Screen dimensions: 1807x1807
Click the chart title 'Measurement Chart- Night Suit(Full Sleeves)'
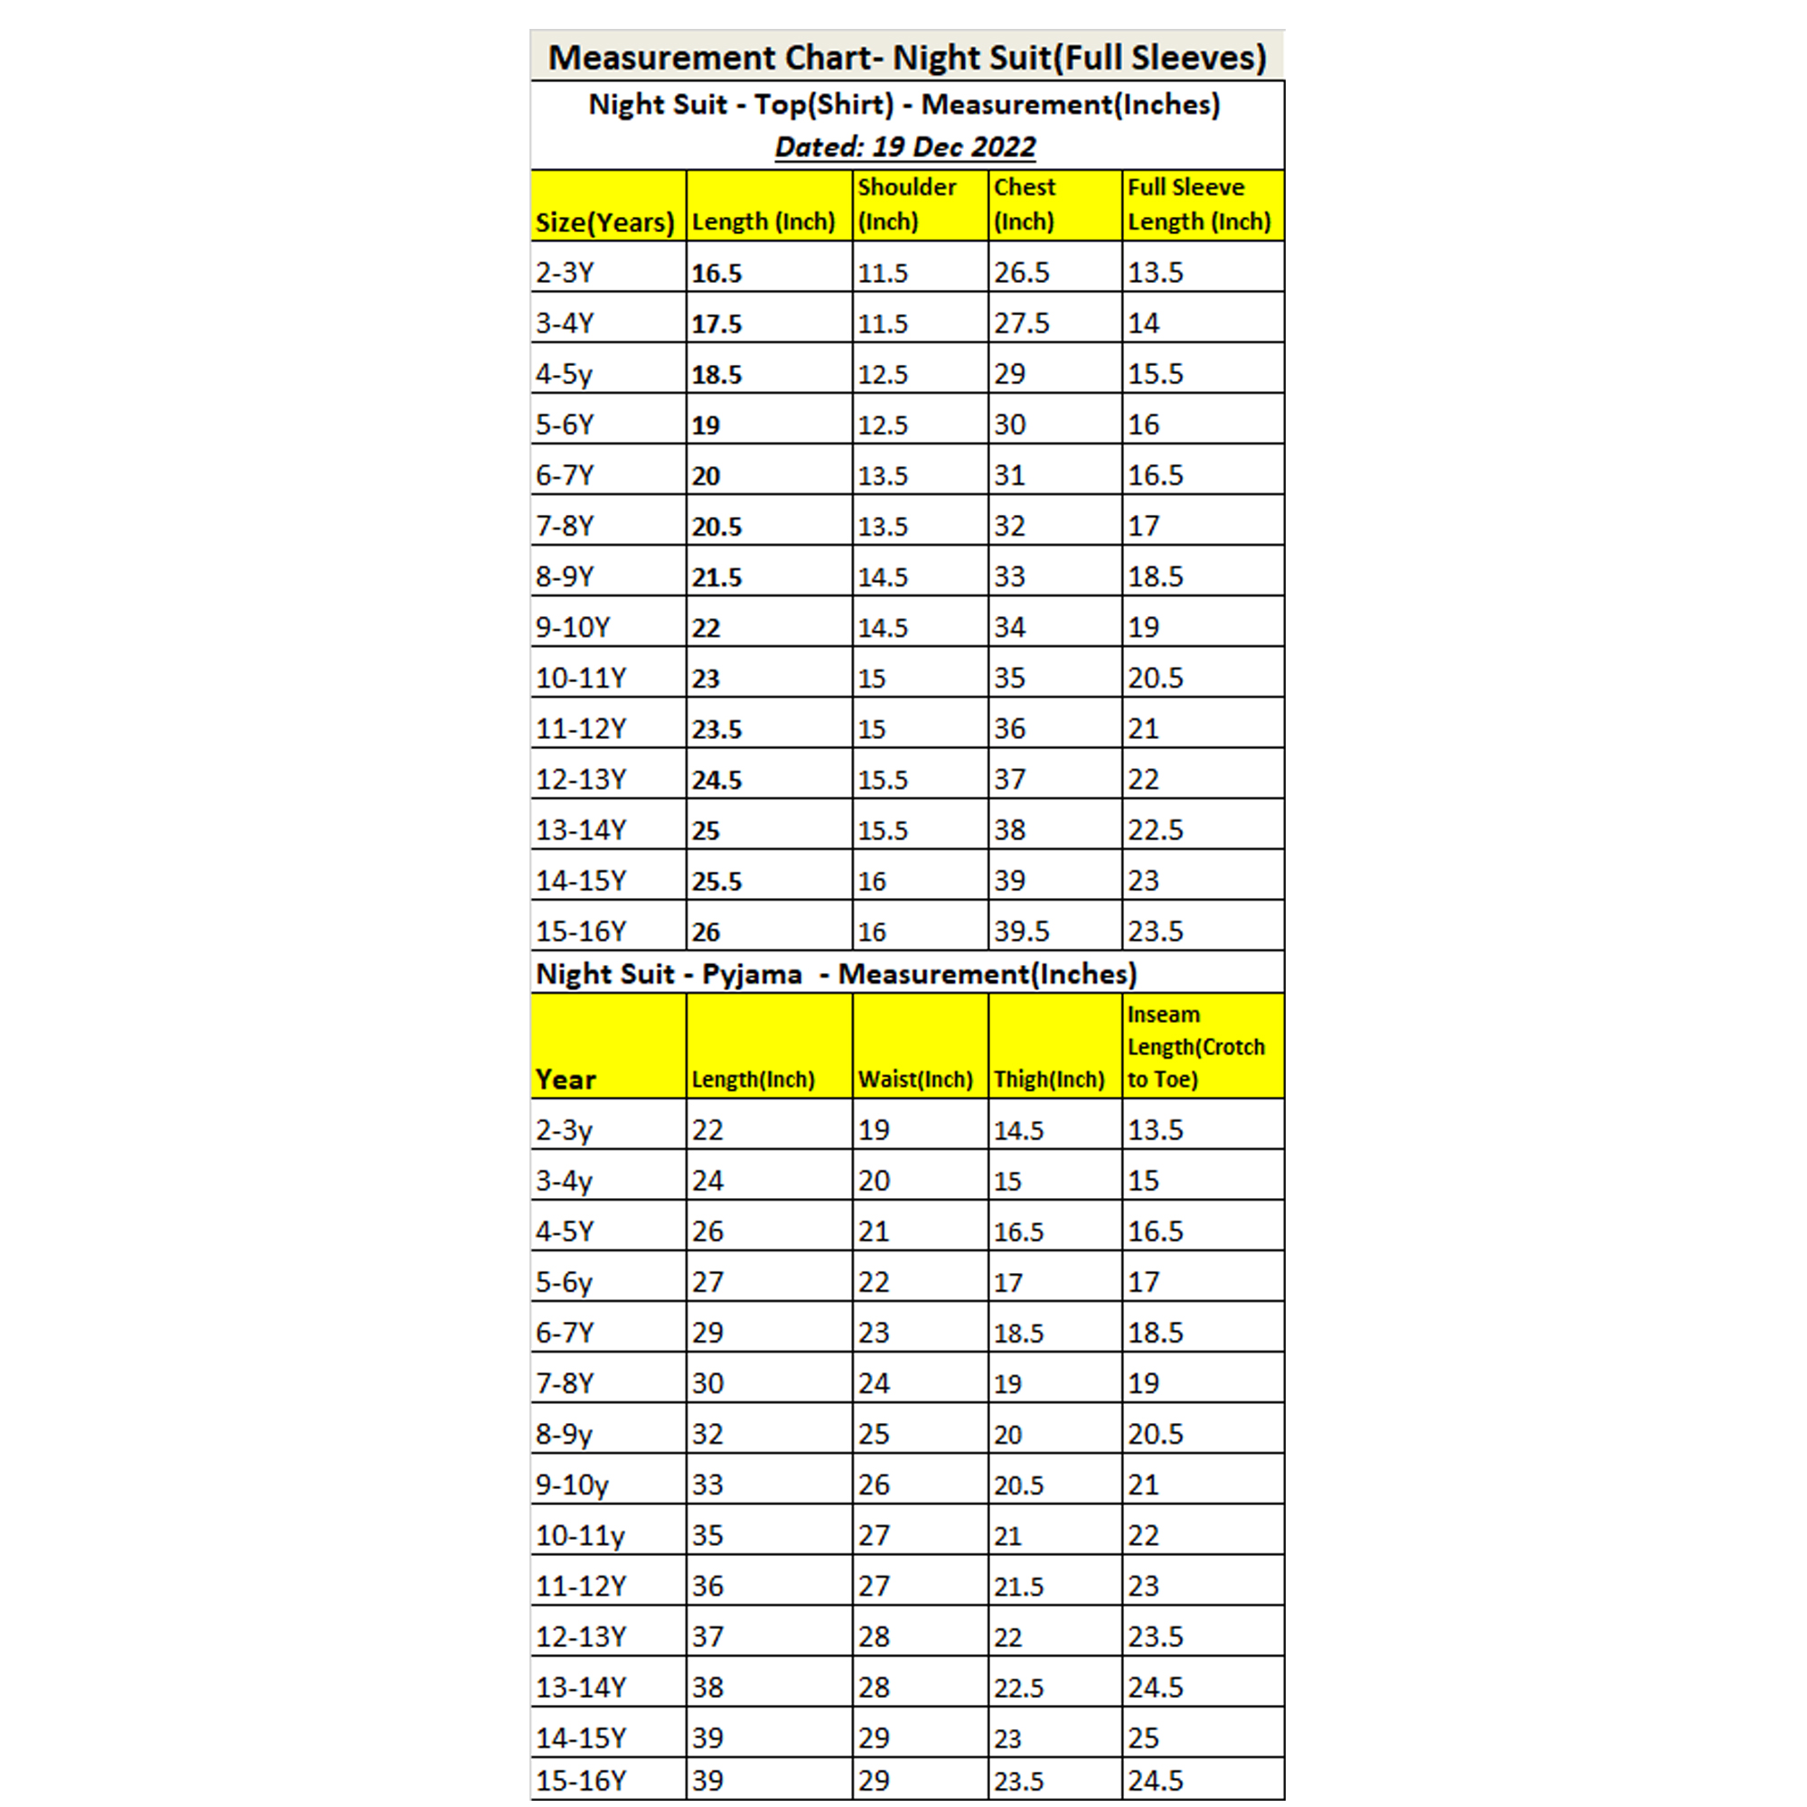[x=906, y=58]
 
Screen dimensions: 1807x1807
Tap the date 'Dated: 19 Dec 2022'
[x=904, y=147]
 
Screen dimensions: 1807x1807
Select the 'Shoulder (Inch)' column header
[x=906, y=205]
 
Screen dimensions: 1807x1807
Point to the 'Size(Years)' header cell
[x=604, y=222]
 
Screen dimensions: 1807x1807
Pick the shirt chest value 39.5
[x=1021, y=932]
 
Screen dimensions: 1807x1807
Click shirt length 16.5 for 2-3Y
[x=716, y=273]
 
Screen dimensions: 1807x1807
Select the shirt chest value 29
[x=1009, y=374]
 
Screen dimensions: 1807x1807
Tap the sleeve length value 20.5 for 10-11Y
[x=1155, y=679]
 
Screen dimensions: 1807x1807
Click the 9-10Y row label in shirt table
[x=573, y=628]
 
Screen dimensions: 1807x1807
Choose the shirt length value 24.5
[x=716, y=780]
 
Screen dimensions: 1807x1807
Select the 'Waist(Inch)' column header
[x=914, y=1080]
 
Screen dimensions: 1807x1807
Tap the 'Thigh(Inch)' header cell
[x=1048, y=1080]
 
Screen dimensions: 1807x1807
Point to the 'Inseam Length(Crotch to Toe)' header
[x=1195, y=1046]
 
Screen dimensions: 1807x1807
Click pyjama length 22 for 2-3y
[x=707, y=1130]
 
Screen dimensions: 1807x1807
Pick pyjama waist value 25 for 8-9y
[x=874, y=1434]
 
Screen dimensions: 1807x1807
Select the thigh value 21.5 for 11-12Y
[x=1017, y=1587]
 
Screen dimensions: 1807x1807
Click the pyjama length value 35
[x=707, y=1536]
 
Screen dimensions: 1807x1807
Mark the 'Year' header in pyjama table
[x=565, y=1080]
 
